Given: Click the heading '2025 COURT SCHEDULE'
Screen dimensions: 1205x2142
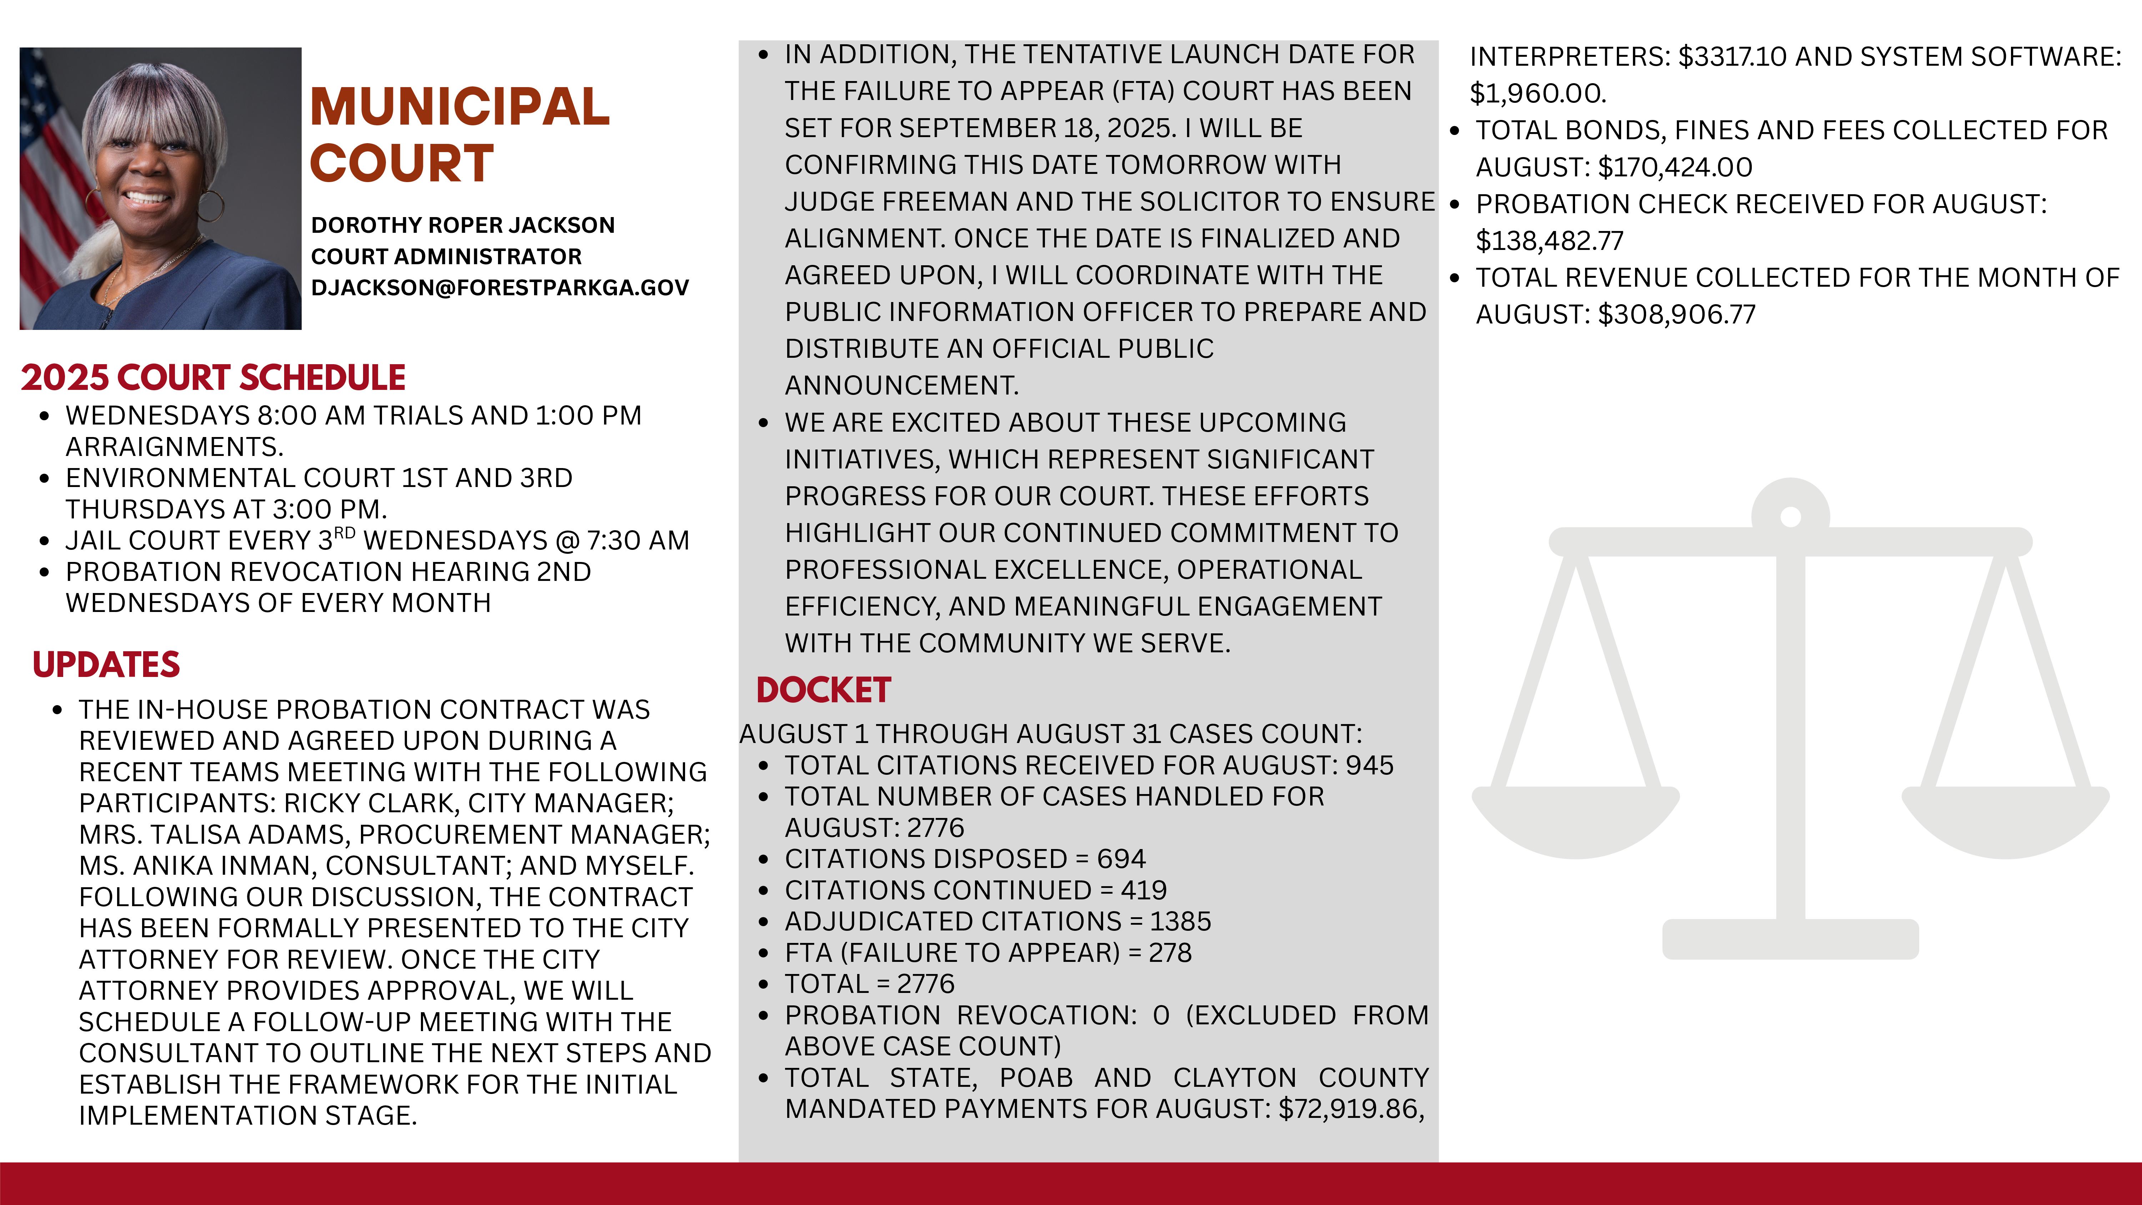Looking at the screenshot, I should [x=213, y=377].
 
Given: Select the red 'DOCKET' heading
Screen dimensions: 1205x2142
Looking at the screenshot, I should [x=823, y=690].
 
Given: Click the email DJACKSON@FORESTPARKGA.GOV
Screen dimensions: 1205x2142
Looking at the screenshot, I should [x=500, y=288].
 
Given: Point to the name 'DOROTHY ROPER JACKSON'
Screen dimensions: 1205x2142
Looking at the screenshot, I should [x=462, y=225].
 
